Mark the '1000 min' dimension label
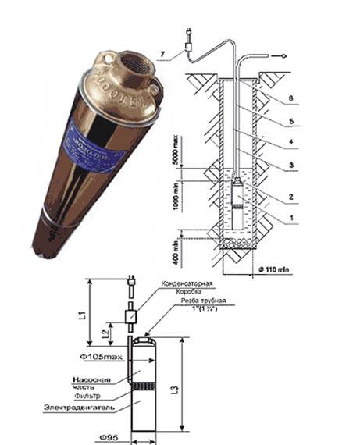pyautogui.click(x=180, y=208)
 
